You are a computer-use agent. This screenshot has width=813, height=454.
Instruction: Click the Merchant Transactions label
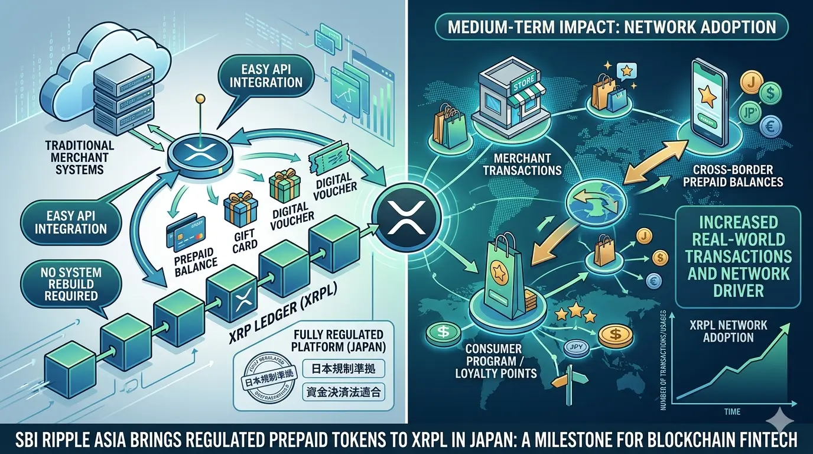[522, 164]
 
